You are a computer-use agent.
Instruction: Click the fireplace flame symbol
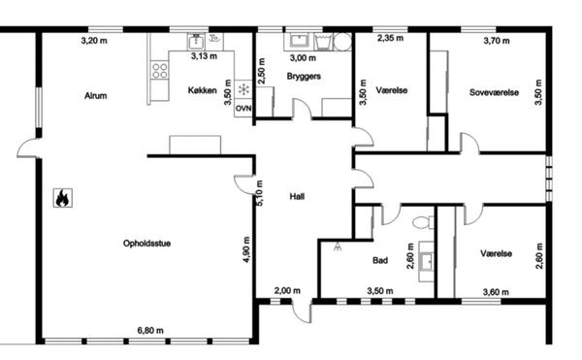click(63, 198)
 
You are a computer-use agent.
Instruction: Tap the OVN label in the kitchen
click(243, 109)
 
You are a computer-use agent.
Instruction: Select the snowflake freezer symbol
click(243, 89)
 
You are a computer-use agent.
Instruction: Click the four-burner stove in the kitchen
click(160, 70)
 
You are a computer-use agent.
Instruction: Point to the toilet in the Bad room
click(423, 222)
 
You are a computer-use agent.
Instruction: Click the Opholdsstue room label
click(147, 244)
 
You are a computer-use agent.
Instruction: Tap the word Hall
click(297, 196)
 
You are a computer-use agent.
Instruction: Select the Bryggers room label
click(304, 77)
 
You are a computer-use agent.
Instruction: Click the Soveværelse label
click(494, 92)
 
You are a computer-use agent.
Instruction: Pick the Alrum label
click(95, 96)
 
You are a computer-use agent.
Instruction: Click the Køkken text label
click(203, 90)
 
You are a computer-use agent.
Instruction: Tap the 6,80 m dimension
click(150, 330)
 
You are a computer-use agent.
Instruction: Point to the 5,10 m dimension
click(259, 193)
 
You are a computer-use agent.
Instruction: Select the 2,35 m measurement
click(391, 38)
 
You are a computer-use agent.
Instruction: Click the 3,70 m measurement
click(497, 41)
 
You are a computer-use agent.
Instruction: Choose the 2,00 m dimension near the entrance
click(287, 290)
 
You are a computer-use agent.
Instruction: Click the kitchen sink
click(196, 41)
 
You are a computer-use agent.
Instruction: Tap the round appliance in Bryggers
click(342, 41)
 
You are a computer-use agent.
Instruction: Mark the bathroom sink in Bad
click(428, 261)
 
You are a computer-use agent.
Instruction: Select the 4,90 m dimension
click(246, 249)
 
